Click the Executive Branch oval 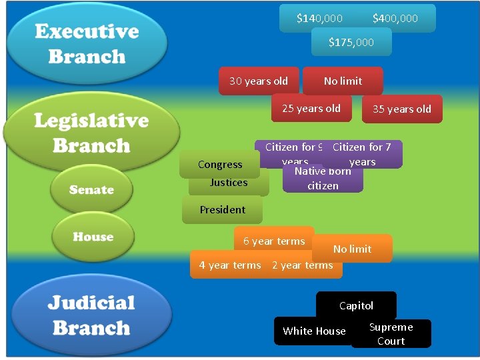pos(87,44)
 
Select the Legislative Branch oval pos(91,133)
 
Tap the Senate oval pos(91,190)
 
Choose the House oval pos(93,237)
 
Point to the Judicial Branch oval pos(91,316)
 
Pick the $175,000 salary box pos(351,43)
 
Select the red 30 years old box pos(259,81)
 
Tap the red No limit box pos(343,81)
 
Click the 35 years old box pos(402,109)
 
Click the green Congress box pos(220,164)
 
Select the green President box pos(223,209)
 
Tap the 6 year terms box pos(274,241)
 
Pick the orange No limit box pos(352,249)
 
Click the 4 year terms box pos(229,265)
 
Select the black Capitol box pos(356,305)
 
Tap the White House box pos(314,331)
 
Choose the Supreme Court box pos(391,334)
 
